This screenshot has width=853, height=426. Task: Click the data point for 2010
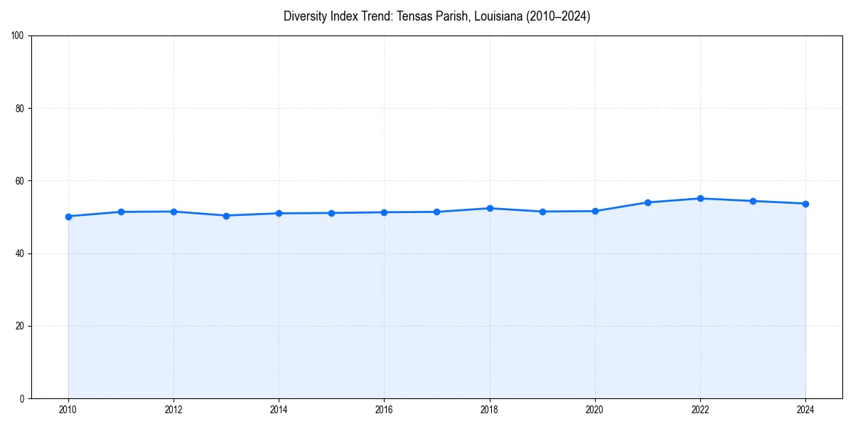[68, 217]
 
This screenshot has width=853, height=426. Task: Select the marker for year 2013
[226, 216]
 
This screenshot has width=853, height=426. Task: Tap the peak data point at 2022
[700, 199]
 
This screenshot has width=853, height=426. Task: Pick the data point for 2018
[490, 208]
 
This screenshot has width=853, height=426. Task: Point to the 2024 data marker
[805, 204]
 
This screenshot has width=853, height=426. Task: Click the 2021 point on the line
[648, 202]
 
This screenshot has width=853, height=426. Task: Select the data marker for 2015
[331, 213]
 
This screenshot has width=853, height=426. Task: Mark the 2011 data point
[121, 212]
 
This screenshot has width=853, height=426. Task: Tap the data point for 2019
[542, 212]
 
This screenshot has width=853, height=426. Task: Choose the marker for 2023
[753, 201]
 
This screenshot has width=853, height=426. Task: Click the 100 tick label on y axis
[18, 36]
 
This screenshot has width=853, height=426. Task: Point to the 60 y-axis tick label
[20, 181]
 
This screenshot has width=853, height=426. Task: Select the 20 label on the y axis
[20, 326]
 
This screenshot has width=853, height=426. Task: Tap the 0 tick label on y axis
[22, 399]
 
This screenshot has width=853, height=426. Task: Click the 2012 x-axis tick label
[173, 410]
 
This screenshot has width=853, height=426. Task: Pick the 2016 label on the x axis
[384, 410]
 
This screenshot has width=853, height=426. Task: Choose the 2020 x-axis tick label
[595, 410]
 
